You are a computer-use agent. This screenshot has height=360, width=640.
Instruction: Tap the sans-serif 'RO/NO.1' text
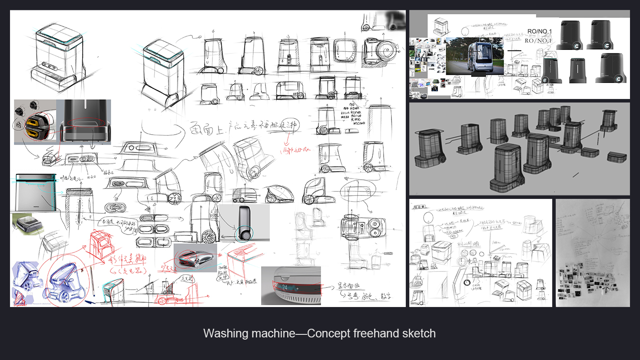click(539, 32)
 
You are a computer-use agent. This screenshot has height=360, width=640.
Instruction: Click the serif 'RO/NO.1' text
click(538, 41)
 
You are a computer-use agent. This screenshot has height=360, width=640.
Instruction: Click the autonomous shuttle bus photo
click(474, 56)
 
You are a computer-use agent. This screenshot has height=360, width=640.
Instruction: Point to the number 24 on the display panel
click(285, 287)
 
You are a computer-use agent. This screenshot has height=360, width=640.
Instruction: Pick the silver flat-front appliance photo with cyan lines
click(36, 192)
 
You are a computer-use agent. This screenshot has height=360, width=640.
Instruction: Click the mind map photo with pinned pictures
click(593, 253)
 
